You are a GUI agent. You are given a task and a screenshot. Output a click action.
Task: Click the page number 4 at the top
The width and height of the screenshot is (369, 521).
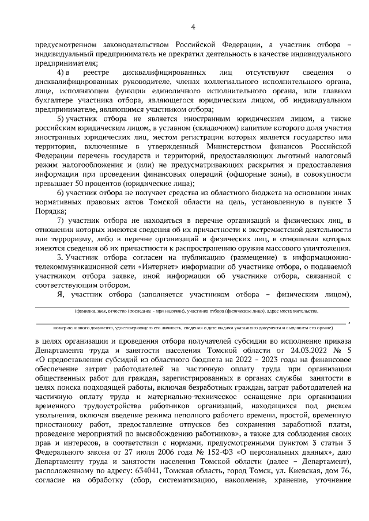coord(193,26)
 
